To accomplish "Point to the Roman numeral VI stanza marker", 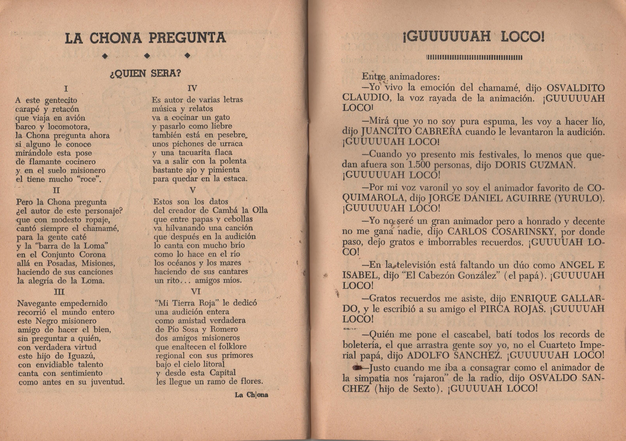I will click(196, 292).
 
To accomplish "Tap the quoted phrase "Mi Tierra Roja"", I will click(188, 303).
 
